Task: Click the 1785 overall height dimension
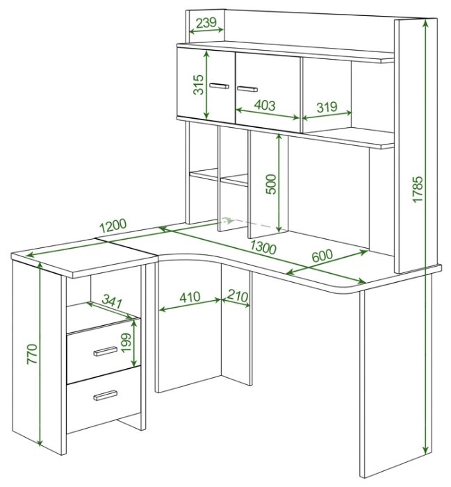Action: [418, 189]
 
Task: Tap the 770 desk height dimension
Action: [32, 354]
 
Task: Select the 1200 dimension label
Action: [113, 226]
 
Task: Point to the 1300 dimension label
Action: [263, 247]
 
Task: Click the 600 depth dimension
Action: [322, 256]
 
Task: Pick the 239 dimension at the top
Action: [206, 23]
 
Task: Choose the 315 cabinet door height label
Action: [199, 85]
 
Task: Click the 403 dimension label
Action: [265, 106]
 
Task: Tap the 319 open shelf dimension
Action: [327, 107]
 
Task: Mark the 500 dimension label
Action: [271, 184]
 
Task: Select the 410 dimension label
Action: [190, 297]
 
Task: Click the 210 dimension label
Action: [238, 295]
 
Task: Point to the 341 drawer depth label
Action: [112, 302]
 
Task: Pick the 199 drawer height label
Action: [126, 342]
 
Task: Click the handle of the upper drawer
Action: [106, 352]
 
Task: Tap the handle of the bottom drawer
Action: [106, 395]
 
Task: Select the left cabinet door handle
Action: [220, 85]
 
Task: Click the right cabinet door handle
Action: [247, 89]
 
